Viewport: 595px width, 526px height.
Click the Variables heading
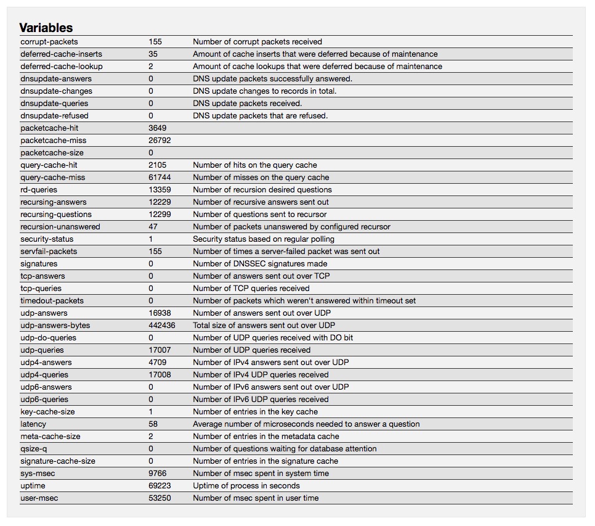[x=46, y=28]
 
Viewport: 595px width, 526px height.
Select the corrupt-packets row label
[x=49, y=42]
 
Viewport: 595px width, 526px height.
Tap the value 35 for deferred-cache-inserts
[x=153, y=54]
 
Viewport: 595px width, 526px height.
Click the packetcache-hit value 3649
[x=158, y=128]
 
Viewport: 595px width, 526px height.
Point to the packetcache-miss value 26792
[x=160, y=141]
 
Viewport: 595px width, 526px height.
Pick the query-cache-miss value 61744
[x=160, y=178]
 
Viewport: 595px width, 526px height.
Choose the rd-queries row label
[x=39, y=190]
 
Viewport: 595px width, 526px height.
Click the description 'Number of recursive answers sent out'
[x=261, y=202]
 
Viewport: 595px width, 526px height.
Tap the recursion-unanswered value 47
[x=153, y=227]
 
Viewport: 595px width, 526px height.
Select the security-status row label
[x=47, y=239]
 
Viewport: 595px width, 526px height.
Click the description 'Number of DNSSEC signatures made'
[x=260, y=264]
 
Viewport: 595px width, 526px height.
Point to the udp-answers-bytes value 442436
[x=162, y=326]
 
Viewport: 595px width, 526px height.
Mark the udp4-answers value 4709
[x=158, y=363]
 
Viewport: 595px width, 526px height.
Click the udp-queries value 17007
[x=160, y=350]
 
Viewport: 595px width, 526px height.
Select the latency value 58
[x=153, y=424]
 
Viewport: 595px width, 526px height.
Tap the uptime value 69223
[x=160, y=486]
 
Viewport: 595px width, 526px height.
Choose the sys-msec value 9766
[x=158, y=474]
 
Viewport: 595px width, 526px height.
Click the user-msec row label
[x=39, y=498]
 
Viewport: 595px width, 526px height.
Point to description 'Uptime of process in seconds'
[x=246, y=486]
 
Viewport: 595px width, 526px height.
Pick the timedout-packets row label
[x=52, y=301]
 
